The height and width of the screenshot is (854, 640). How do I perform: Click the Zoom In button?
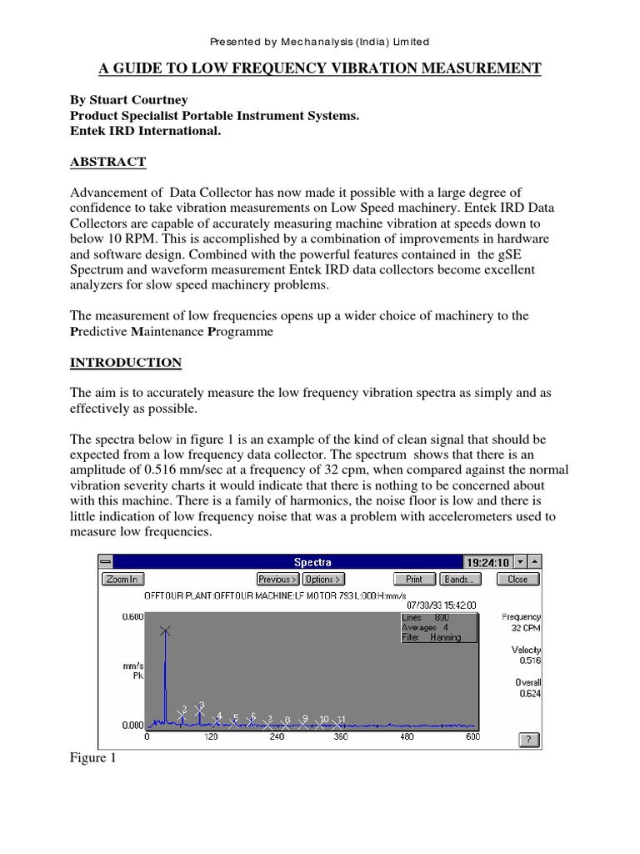coord(122,579)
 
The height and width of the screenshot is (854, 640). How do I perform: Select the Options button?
coord(323,579)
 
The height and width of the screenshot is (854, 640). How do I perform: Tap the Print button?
coord(413,579)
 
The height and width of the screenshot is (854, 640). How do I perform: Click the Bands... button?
coord(457,579)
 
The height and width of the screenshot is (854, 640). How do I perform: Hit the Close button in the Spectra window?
coord(517,579)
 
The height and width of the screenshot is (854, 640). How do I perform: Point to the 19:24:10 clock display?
coord(486,562)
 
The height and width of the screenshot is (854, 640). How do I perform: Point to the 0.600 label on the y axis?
coord(133,616)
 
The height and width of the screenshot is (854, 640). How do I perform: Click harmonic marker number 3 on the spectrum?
coord(200,708)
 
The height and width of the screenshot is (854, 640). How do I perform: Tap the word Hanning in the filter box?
coord(446,636)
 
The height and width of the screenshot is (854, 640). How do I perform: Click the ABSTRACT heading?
coord(107,162)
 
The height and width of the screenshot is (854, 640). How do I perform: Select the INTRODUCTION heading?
coord(125,362)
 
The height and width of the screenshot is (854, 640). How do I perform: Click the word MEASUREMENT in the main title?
coord(472,68)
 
